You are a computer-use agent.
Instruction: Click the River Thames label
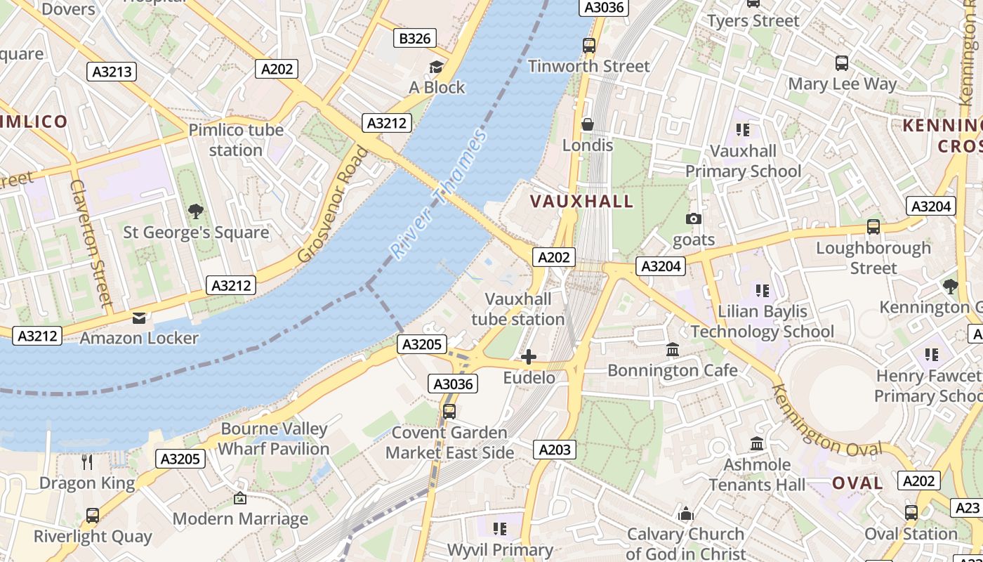coord(438,195)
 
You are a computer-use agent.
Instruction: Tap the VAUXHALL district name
coord(581,202)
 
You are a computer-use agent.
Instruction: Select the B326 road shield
coord(414,38)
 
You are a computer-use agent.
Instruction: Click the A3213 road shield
coord(112,72)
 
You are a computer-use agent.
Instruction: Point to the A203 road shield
coord(554,450)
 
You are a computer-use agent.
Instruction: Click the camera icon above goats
coord(693,219)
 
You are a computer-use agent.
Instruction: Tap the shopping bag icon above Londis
coord(588,125)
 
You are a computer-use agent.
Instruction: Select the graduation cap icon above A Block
coord(437,67)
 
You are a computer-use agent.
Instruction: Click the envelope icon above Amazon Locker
coord(139,318)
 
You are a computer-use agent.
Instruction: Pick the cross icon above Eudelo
coord(529,358)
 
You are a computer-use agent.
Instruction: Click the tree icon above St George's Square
coord(196,211)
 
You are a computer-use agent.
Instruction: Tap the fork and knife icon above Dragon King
coord(87,462)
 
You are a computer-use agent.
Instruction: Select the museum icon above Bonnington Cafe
coord(672,350)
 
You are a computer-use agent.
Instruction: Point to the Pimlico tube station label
coord(236,140)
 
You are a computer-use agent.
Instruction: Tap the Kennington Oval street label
coord(826,421)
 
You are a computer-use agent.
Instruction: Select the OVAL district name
coord(857,483)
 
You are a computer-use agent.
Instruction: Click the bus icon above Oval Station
coord(911,514)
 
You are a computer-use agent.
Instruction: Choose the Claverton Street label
coord(91,242)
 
